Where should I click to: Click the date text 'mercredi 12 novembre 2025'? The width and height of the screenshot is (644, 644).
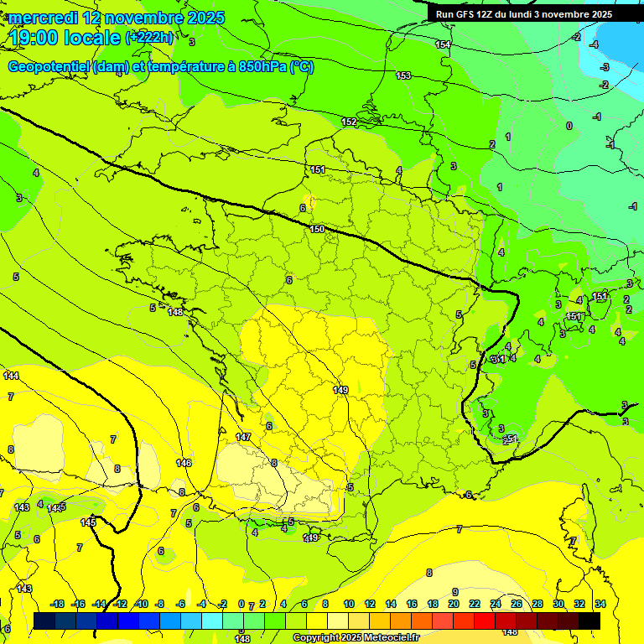[117, 18]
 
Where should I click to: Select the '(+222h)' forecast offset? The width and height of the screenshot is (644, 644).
[150, 38]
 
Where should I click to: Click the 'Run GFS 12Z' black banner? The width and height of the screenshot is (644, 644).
[523, 14]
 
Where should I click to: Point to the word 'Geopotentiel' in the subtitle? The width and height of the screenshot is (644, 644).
[49, 67]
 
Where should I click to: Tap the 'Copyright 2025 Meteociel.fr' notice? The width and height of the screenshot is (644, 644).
[356, 638]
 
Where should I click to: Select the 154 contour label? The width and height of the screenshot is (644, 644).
[443, 44]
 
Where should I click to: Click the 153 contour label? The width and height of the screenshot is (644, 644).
[403, 76]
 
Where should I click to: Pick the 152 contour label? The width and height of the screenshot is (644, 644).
[349, 122]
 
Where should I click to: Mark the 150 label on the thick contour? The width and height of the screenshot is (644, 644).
[317, 229]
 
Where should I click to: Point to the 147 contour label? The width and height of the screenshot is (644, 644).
[243, 437]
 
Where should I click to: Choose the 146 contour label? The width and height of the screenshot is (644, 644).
[184, 463]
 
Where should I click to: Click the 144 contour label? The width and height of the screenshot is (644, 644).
[11, 376]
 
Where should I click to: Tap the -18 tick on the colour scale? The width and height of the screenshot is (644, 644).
[58, 604]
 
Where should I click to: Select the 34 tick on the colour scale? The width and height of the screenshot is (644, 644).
[600, 604]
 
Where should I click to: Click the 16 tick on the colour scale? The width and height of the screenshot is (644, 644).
[412, 604]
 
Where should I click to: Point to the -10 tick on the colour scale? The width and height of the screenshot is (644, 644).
[142, 604]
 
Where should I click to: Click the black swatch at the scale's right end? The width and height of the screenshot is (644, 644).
[589, 621]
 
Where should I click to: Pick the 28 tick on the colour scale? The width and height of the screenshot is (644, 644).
[538, 604]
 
